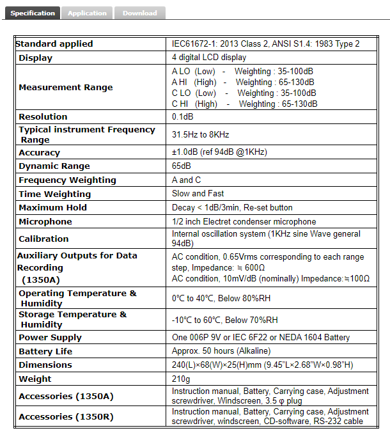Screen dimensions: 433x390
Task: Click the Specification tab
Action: tap(33, 13)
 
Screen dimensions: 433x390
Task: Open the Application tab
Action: tap(87, 13)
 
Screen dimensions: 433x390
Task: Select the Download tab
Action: tap(139, 13)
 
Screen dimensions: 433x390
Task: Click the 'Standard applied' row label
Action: tap(54, 44)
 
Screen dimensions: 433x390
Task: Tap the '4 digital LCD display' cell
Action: tap(209, 58)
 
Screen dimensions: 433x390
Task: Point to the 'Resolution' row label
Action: tap(43, 117)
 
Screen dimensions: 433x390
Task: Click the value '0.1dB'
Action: tap(183, 117)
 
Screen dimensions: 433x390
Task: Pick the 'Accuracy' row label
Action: tap(39, 153)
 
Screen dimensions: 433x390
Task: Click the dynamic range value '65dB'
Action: tap(182, 166)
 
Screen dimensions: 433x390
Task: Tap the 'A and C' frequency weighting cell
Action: tap(186, 180)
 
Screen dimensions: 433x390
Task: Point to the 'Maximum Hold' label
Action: tap(52, 208)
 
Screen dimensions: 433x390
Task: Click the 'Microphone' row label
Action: tap(45, 222)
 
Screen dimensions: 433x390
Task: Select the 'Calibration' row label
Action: tap(43, 239)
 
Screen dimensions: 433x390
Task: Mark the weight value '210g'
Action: tap(182, 379)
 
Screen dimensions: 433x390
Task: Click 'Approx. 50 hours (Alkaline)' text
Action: tap(221, 351)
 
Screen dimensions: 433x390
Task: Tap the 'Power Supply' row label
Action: tap(50, 338)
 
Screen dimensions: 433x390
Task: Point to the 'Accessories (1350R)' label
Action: tap(66, 416)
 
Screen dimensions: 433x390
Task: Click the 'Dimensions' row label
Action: tap(45, 365)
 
